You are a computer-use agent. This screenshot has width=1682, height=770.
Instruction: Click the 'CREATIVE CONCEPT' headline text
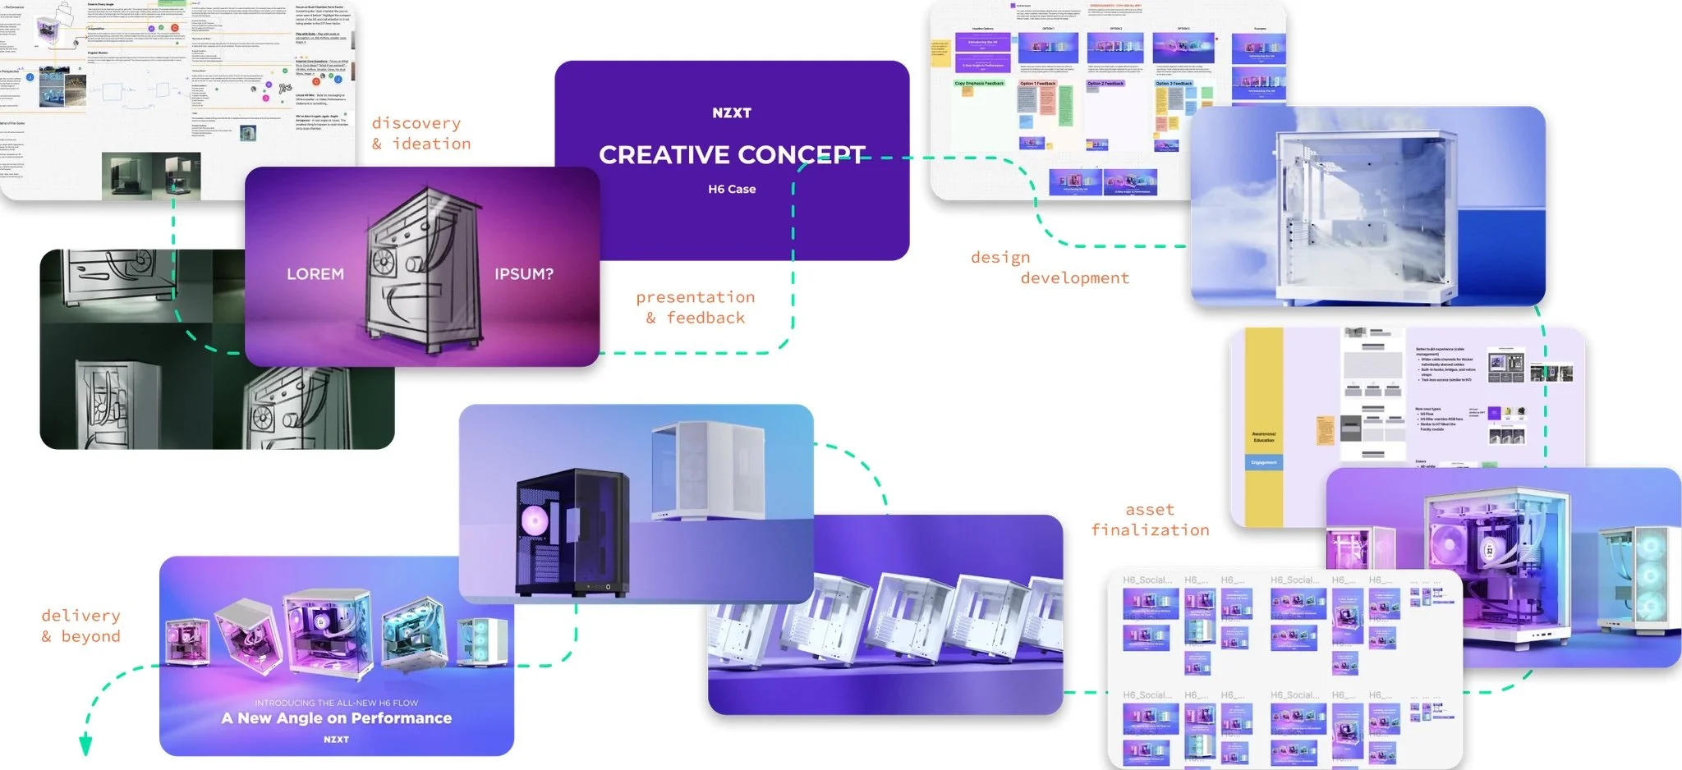click(x=731, y=154)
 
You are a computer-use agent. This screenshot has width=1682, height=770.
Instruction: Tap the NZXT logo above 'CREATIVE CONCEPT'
click(x=731, y=113)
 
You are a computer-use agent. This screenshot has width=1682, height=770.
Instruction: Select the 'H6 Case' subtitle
click(x=732, y=189)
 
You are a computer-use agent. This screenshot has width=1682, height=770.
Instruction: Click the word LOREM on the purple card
click(x=315, y=274)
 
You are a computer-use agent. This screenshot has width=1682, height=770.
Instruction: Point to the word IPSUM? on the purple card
click(x=523, y=274)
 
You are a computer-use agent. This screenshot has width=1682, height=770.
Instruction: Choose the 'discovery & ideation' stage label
click(x=420, y=134)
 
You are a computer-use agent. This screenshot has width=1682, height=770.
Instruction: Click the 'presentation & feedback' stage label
click(x=695, y=307)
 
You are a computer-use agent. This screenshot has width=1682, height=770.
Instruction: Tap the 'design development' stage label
click(x=1049, y=268)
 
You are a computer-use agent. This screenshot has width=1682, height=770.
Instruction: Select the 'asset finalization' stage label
click(x=1150, y=520)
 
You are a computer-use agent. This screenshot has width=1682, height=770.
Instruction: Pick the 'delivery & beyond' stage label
click(x=80, y=626)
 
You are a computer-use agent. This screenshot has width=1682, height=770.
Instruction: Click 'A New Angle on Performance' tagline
click(x=337, y=718)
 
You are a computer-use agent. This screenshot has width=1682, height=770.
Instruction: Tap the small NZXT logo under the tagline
click(x=336, y=740)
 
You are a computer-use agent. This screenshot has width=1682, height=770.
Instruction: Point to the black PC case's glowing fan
click(x=534, y=519)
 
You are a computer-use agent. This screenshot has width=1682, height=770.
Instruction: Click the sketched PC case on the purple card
click(x=420, y=271)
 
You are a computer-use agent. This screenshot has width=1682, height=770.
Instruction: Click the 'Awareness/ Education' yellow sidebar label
click(x=1263, y=437)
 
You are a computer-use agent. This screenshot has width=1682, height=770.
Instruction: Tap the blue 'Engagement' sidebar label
click(x=1263, y=463)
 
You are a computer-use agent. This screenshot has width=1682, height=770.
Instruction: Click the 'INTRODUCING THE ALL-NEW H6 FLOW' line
click(x=336, y=703)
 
